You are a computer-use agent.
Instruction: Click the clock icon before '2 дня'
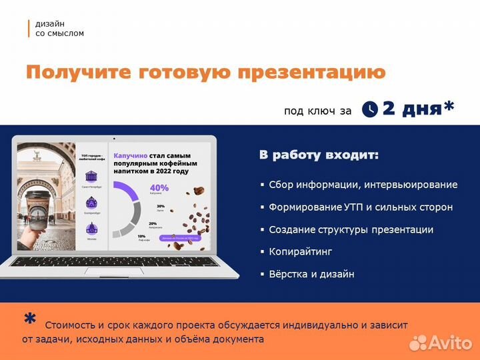coord(369,109)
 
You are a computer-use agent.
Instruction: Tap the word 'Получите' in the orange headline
coord(77,72)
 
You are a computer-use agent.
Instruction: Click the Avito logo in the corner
coord(441,342)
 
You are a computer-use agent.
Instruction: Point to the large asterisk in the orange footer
coord(30,320)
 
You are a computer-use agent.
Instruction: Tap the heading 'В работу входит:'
coord(319,155)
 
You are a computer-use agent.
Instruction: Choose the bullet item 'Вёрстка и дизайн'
coord(311,274)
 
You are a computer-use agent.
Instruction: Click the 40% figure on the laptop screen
coord(159,187)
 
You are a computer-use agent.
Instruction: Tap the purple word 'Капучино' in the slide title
coord(131,151)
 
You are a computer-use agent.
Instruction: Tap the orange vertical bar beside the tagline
coord(29,28)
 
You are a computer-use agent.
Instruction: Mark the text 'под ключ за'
coord(317,111)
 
